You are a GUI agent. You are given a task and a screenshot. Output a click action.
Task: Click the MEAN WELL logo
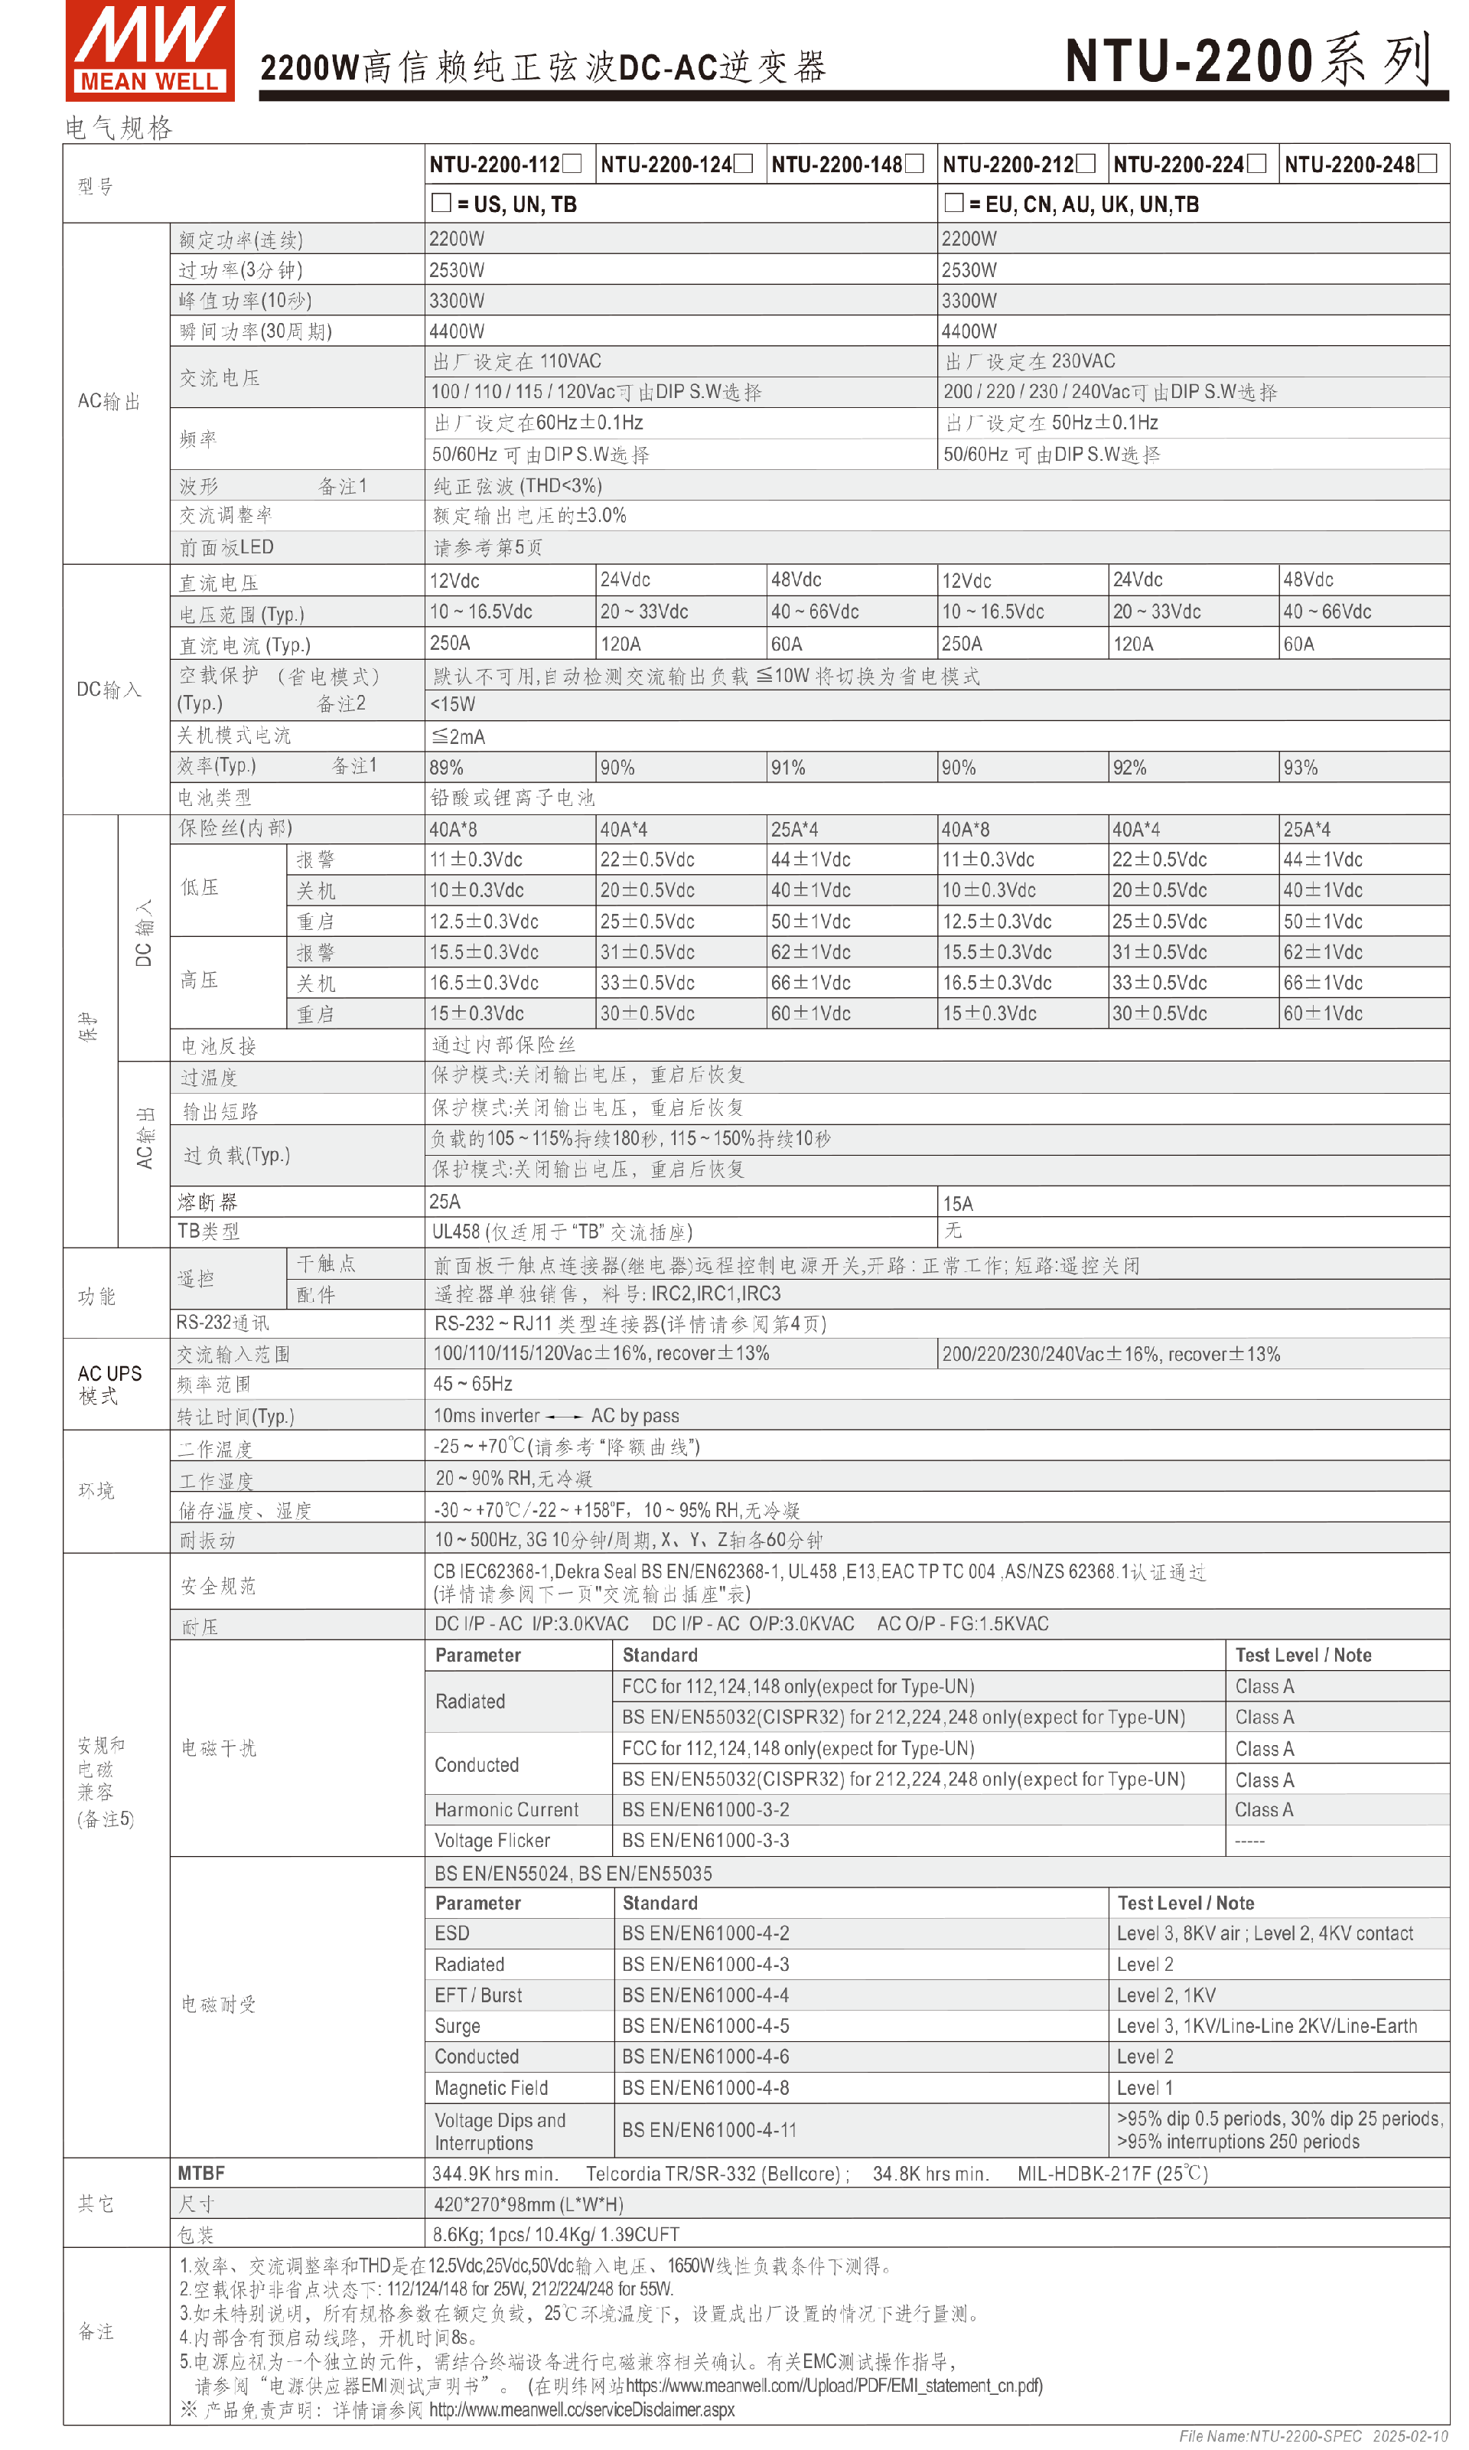[149, 51]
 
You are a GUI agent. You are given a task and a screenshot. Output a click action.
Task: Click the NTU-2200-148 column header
[846, 165]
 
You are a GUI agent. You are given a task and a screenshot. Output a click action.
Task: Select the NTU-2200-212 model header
[1018, 165]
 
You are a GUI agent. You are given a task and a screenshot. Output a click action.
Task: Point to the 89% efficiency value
[447, 768]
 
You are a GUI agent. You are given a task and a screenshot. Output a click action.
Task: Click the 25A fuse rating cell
[445, 1201]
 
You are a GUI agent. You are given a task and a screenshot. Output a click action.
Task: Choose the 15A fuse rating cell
[957, 1203]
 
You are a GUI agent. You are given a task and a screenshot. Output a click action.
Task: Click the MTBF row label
[201, 2173]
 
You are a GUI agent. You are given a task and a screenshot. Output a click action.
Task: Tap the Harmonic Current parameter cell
[506, 1809]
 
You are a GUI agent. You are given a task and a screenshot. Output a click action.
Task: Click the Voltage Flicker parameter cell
[492, 1840]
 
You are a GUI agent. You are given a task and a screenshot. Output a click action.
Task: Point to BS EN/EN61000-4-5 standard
[705, 2025]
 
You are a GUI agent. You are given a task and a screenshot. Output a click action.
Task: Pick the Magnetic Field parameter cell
[491, 2087]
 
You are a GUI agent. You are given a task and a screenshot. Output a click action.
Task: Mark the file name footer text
[1313, 2436]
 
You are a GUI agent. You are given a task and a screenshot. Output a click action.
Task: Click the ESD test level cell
[1264, 1933]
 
